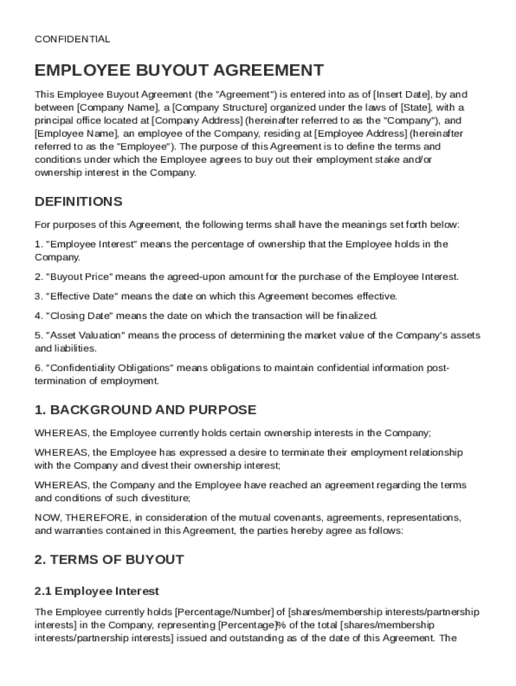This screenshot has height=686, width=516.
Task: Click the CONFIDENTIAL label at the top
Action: tap(72, 40)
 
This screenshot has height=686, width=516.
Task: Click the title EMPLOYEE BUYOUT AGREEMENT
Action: tap(180, 70)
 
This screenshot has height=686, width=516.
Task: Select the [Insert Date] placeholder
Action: tap(401, 94)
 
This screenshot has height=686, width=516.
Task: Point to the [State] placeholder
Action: tap(415, 108)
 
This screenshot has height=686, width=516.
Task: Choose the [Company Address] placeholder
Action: tap(197, 121)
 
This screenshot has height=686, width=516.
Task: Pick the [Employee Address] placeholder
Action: tap(360, 134)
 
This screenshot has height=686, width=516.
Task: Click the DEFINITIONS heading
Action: tap(78, 202)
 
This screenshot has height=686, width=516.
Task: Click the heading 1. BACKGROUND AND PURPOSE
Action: tap(145, 410)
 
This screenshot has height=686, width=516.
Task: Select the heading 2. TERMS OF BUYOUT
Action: tap(109, 559)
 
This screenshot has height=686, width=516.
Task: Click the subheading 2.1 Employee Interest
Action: tap(97, 591)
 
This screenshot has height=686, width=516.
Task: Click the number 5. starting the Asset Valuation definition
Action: tap(39, 335)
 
